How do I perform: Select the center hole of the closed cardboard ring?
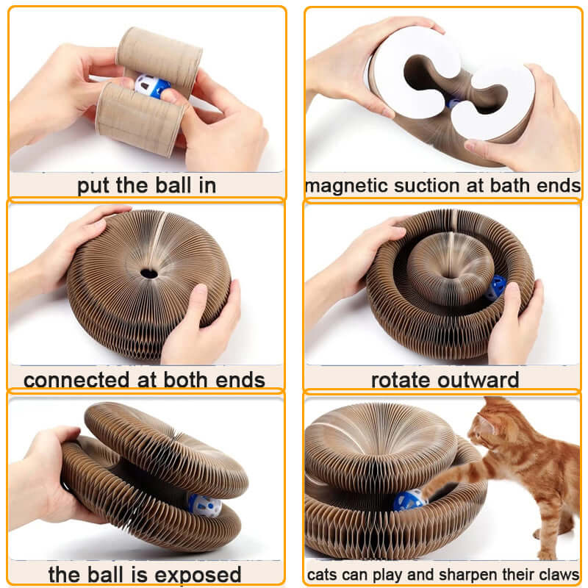click(148, 273)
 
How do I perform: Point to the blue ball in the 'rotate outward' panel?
click(495, 287)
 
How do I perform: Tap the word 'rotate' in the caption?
click(404, 380)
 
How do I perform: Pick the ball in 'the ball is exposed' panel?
click(204, 505)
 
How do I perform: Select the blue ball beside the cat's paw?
click(409, 501)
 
